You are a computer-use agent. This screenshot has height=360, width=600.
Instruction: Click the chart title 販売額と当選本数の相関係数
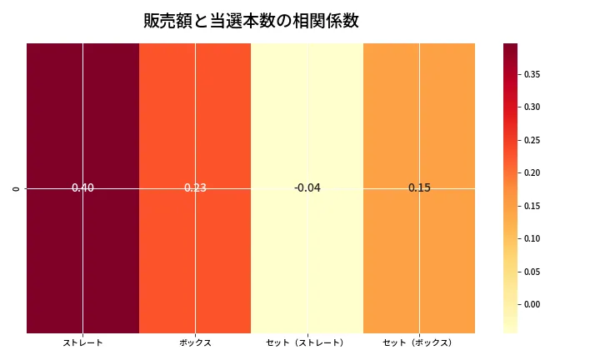pyautogui.click(x=251, y=22)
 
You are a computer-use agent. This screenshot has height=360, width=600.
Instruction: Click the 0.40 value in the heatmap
pyautogui.click(x=82, y=188)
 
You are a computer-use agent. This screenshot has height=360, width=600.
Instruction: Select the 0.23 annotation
pyautogui.click(x=195, y=188)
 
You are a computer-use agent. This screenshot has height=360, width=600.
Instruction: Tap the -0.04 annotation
pyautogui.click(x=307, y=188)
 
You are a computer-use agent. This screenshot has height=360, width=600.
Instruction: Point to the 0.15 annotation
pyautogui.click(x=419, y=188)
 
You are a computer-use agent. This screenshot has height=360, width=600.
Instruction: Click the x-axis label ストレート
pyautogui.click(x=82, y=342)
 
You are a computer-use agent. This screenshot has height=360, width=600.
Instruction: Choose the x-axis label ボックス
pyautogui.click(x=195, y=342)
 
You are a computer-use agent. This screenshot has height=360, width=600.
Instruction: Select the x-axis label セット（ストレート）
pyautogui.click(x=307, y=342)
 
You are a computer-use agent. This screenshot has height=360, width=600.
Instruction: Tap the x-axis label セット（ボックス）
pyautogui.click(x=419, y=342)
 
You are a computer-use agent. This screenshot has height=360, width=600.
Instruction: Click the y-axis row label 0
pyautogui.click(x=17, y=188)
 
